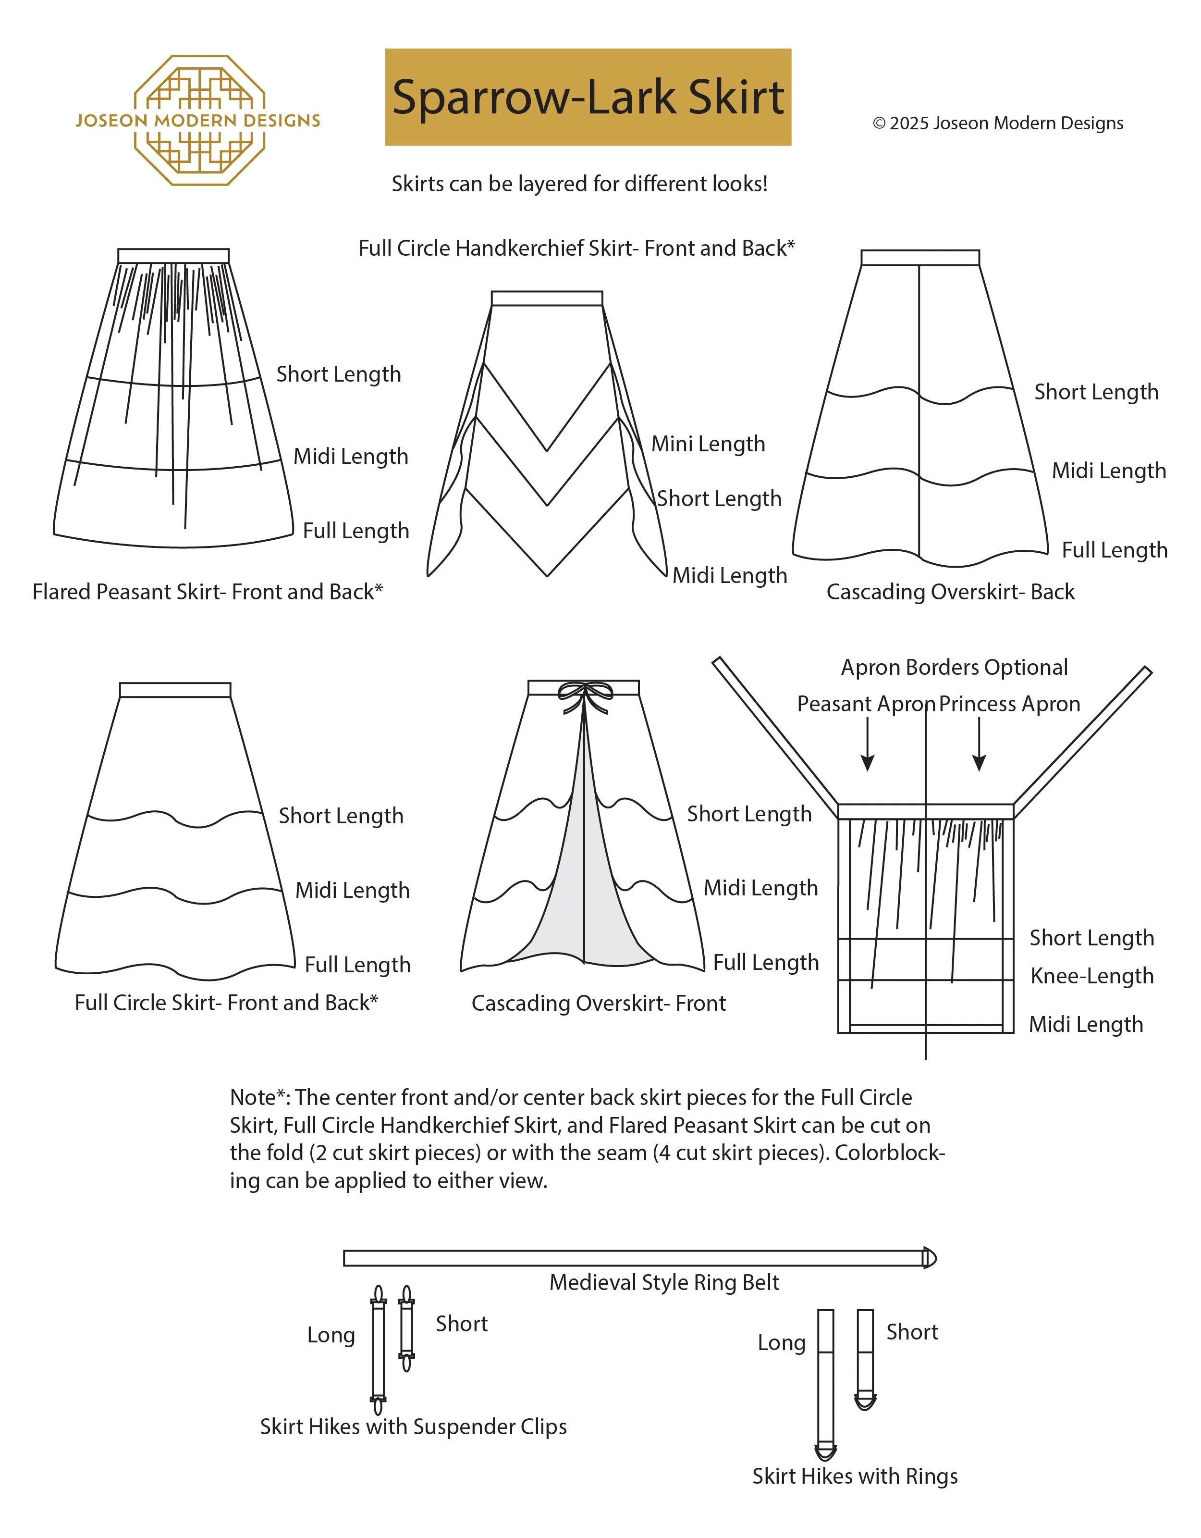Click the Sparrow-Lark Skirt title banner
[588, 97]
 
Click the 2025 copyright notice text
[997, 123]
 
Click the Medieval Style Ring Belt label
[664, 1282]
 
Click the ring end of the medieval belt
[929, 1258]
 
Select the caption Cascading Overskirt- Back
[950, 592]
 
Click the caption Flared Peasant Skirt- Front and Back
[208, 592]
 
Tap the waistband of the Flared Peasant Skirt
[173, 256]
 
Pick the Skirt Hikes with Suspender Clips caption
[413, 1426]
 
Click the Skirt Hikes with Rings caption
[855, 1476]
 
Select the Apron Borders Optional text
[954, 667]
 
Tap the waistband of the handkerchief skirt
[547, 298]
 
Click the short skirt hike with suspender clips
[406, 1328]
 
